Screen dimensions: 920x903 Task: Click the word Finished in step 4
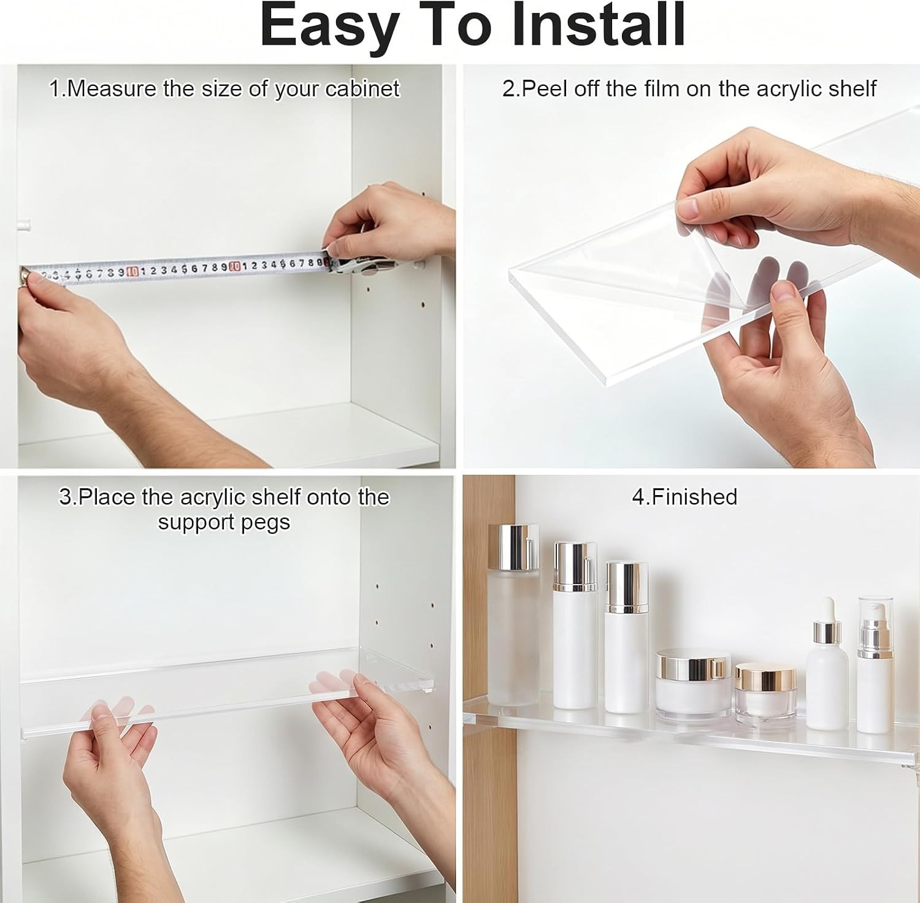point(694,497)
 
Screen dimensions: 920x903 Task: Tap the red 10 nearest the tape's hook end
point(132,271)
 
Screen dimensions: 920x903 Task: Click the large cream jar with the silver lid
point(693,685)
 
